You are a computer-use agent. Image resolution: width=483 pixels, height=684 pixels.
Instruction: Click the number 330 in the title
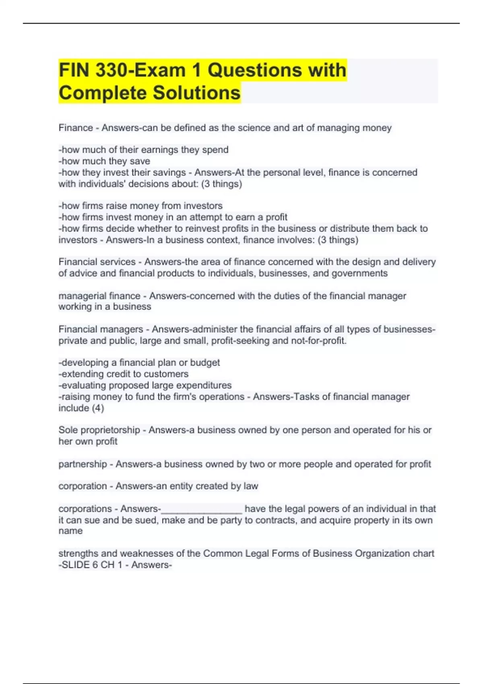tap(111, 70)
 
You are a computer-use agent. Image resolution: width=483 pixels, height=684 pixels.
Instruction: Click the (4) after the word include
tap(98, 408)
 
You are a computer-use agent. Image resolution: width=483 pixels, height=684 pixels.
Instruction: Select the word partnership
tap(83, 464)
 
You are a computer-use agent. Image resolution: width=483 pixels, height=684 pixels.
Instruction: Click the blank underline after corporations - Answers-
tap(201, 510)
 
